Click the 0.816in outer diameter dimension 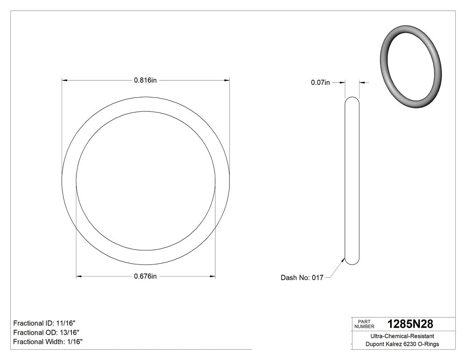tap(145, 80)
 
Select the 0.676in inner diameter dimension tap(145, 277)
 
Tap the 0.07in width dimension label tap(320, 82)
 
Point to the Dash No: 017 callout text tap(302, 278)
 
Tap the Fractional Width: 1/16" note tap(47, 341)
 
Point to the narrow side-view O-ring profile tap(352, 181)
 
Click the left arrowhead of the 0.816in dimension tap(64, 80)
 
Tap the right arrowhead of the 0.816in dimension tap(227, 80)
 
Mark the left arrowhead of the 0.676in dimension tap(79, 277)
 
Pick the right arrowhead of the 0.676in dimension tap(213, 277)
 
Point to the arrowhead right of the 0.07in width tap(362, 82)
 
